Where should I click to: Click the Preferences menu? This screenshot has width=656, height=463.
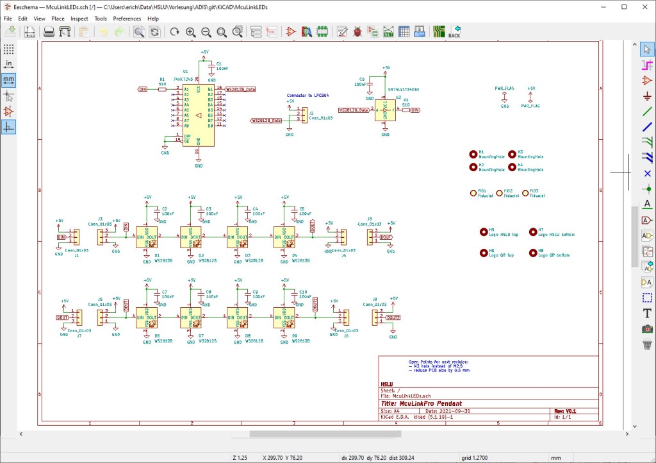click(127, 19)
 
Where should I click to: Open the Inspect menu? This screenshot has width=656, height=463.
click(79, 19)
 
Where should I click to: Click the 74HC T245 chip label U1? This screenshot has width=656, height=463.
click(186, 72)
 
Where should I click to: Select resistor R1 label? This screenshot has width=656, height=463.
click(162, 78)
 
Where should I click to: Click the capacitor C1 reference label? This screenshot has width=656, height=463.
click(219, 63)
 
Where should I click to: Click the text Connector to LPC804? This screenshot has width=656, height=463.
click(307, 95)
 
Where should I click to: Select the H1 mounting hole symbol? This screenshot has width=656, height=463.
click(473, 154)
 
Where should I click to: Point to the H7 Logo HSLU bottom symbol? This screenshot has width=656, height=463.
click(532, 232)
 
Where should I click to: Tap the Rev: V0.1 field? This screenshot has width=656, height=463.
click(564, 410)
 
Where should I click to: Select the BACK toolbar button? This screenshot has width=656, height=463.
click(454, 31)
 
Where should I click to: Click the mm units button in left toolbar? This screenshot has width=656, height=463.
click(8, 80)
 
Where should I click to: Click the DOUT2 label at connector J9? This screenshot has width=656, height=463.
click(392, 317)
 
